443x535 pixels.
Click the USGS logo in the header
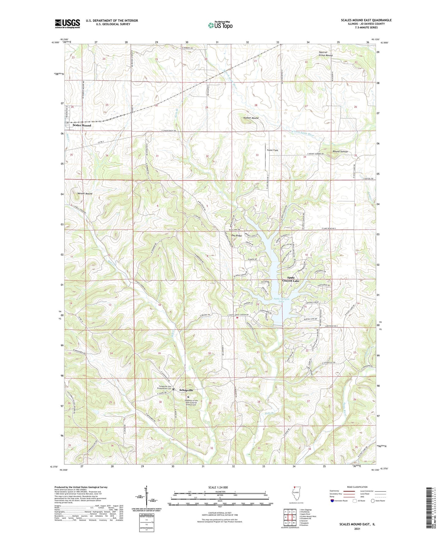coord(67,24)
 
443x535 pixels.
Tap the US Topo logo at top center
coord(220,25)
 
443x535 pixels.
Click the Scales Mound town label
coord(82,125)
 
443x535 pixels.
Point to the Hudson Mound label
coord(251,118)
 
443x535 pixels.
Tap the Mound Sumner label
coord(340,152)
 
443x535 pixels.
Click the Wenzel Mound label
coord(85,194)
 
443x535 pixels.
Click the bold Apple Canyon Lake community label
coord(291,279)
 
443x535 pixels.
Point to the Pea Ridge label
coord(236,236)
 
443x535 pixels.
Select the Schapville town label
coord(186,390)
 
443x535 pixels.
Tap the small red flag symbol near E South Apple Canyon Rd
coord(237,318)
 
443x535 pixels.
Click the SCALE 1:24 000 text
coord(218,487)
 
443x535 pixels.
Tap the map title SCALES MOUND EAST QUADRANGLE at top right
coord(366,20)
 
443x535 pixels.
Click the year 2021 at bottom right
coord(357,529)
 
